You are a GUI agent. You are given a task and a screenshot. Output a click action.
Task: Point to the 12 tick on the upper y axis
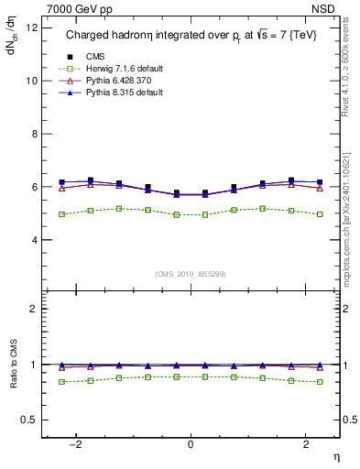click(x=32, y=27)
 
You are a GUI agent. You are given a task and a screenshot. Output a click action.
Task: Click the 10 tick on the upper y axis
click(x=32, y=81)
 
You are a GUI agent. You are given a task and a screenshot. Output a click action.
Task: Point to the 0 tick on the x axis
click(x=191, y=444)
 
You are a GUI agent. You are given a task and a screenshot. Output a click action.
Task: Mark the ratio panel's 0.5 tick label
click(x=31, y=420)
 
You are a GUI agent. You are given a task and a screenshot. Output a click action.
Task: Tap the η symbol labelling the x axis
click(x=335, y=455)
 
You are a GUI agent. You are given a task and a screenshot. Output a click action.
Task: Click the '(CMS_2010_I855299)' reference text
click(x=191, y=274)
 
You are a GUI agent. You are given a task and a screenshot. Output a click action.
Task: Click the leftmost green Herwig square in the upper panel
click(x=62, y=214)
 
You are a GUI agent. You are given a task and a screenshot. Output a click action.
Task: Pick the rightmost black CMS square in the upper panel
click(x=319, y=182)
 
